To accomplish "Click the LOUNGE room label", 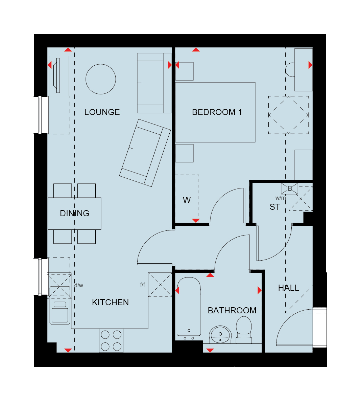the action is tap(102, 112).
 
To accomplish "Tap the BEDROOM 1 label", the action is tap(217, 112).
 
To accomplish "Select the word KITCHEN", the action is tap(111, 302).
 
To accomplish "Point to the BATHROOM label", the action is tap(232, 310).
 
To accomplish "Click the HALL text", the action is tap(288, 288).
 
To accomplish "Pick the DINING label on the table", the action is tap(75, 213).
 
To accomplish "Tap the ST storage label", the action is tap(275, 207).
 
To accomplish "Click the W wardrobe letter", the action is tap(187, 200).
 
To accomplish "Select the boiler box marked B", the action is tap(289, 188).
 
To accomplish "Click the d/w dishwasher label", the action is tap(79, 285).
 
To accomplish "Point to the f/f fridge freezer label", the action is tap(143, 284).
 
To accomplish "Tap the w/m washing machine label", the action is tap(281, 198).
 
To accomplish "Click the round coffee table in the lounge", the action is tap(101, 79).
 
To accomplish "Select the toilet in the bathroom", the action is tap(244, 330).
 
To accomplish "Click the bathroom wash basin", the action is tap(220, 335).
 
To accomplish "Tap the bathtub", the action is tap(189, 309).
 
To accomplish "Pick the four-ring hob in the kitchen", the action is tap(111, 340).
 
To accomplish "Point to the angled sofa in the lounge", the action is tap(145, 153).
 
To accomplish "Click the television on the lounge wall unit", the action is tap(57, 75).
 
